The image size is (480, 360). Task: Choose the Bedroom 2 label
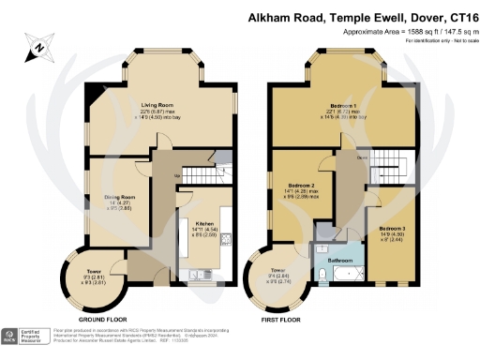click(301, 186)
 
